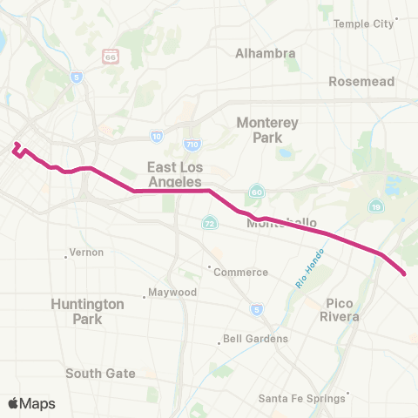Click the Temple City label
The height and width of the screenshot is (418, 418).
point(363,24)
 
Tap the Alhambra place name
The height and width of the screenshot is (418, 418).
point(265,53)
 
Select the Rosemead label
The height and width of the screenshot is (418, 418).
point(361,81)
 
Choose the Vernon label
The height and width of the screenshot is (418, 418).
point(86,252)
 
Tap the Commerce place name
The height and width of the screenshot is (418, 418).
point(240,272)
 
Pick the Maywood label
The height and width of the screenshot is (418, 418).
point(172,292)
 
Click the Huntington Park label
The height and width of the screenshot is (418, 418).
point(87,311)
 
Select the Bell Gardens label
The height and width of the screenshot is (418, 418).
point(250,339)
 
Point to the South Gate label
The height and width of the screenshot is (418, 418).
point(101,373)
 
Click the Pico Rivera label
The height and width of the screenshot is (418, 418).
point(341,309)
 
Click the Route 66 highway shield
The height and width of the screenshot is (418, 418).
point(110,56)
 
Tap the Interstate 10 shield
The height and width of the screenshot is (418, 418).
point(156,136)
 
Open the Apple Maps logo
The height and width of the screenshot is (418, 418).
point(31,402)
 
